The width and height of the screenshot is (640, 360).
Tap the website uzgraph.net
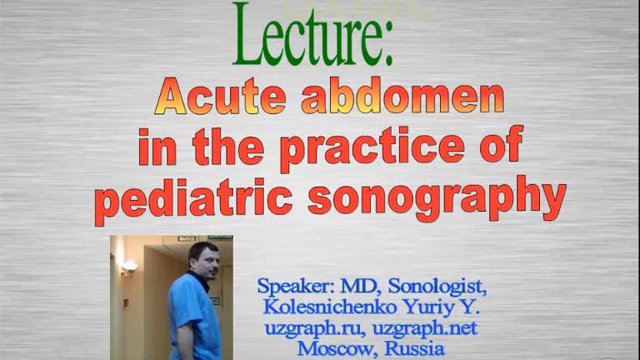click(x=422, y=329)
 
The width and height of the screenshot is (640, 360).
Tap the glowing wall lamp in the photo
click(x=129, y=267)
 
